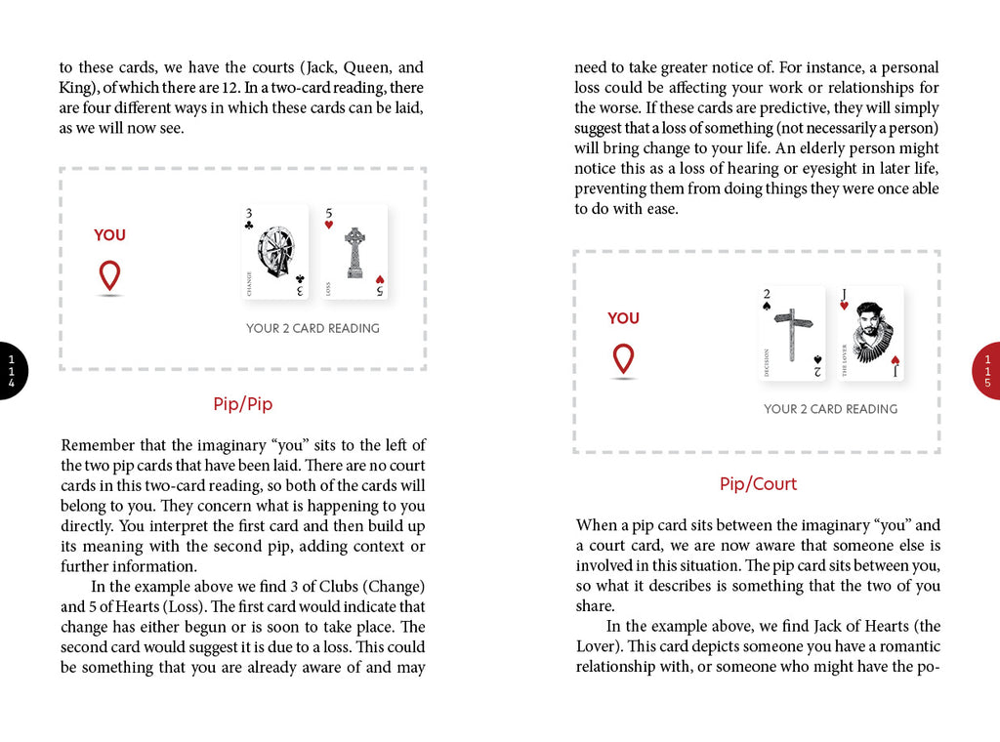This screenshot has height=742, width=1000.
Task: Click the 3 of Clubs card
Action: [275, 252]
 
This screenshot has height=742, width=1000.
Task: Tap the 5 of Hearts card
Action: [354, 252]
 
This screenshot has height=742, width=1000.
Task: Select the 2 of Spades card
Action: [792, 334]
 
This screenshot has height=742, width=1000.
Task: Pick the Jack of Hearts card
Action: [870, 334]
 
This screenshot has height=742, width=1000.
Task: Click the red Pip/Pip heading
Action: [242, 403]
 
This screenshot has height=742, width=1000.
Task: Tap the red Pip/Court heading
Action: [758, 484]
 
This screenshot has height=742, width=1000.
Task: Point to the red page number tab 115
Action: [987, 371]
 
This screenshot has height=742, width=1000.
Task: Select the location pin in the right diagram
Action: [623, 358]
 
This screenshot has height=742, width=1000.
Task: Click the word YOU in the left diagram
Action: [109, 235]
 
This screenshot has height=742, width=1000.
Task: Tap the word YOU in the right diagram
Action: [623, 318]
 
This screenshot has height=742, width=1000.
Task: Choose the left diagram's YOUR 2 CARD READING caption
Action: [312, 328]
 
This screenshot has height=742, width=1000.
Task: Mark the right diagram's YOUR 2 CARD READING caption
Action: [830, 409]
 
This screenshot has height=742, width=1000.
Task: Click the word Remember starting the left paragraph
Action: [93, 445]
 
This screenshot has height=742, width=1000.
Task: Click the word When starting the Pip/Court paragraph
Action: [596, 525]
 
